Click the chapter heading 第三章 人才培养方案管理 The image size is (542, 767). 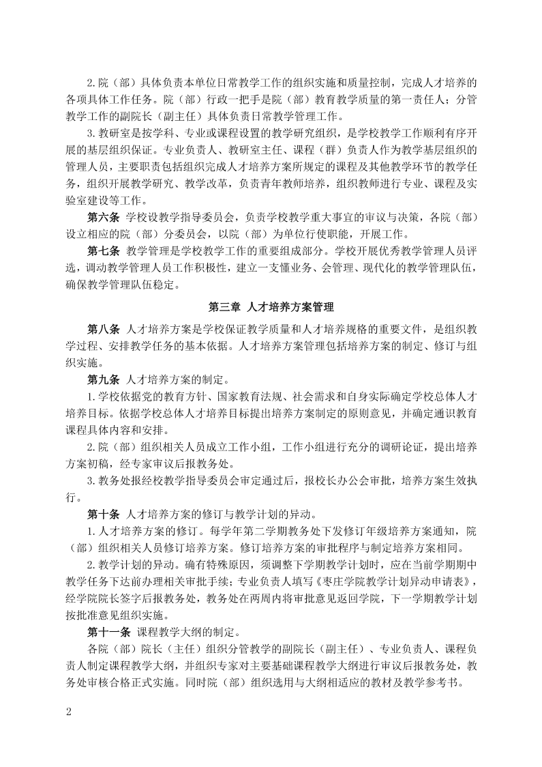[x=271, y=308]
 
